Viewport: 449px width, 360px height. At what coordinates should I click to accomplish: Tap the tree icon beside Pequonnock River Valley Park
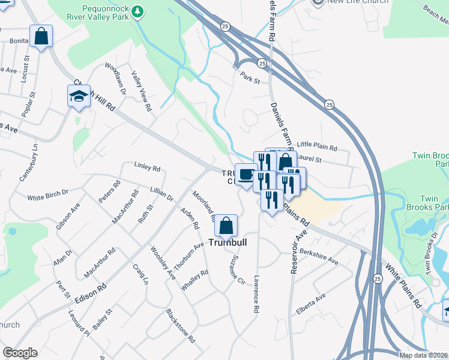[137, 11]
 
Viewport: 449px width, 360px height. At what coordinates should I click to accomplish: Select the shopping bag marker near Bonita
[41, 37]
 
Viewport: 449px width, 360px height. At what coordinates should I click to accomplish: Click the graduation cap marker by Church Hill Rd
[79, 97]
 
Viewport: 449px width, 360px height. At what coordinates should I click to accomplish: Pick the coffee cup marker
[246, 175]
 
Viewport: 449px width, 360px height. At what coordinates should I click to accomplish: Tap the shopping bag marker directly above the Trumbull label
[226, 227]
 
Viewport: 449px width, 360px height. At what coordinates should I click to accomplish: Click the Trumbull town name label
[229, 243]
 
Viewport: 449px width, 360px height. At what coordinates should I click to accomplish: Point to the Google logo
[20, 353]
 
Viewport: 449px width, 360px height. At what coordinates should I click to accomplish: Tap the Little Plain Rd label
[317, 146]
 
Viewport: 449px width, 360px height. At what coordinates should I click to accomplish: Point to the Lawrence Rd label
[256, 292]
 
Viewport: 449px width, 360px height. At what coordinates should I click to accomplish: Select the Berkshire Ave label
[319, 257]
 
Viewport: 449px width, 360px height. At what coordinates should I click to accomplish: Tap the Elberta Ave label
[310, 304]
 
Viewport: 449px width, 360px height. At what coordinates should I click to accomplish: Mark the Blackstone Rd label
[181, 326]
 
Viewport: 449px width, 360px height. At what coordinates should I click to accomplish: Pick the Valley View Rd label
[140, 91]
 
